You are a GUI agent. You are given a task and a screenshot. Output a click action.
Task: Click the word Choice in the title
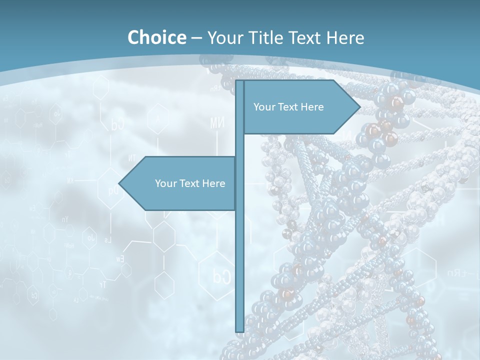156,37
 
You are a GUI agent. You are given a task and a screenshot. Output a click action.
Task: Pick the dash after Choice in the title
196,38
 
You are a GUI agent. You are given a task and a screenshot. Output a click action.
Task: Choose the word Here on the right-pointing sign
312,107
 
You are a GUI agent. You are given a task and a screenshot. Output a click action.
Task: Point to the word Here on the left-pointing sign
213,183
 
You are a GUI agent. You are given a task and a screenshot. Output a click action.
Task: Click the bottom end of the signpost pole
239,330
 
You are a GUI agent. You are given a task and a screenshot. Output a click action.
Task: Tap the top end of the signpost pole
239,82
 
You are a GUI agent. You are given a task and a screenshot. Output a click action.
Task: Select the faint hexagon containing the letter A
158,119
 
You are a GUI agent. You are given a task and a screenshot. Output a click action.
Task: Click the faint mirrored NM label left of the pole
217,123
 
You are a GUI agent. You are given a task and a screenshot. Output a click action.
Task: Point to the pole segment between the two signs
239,145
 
